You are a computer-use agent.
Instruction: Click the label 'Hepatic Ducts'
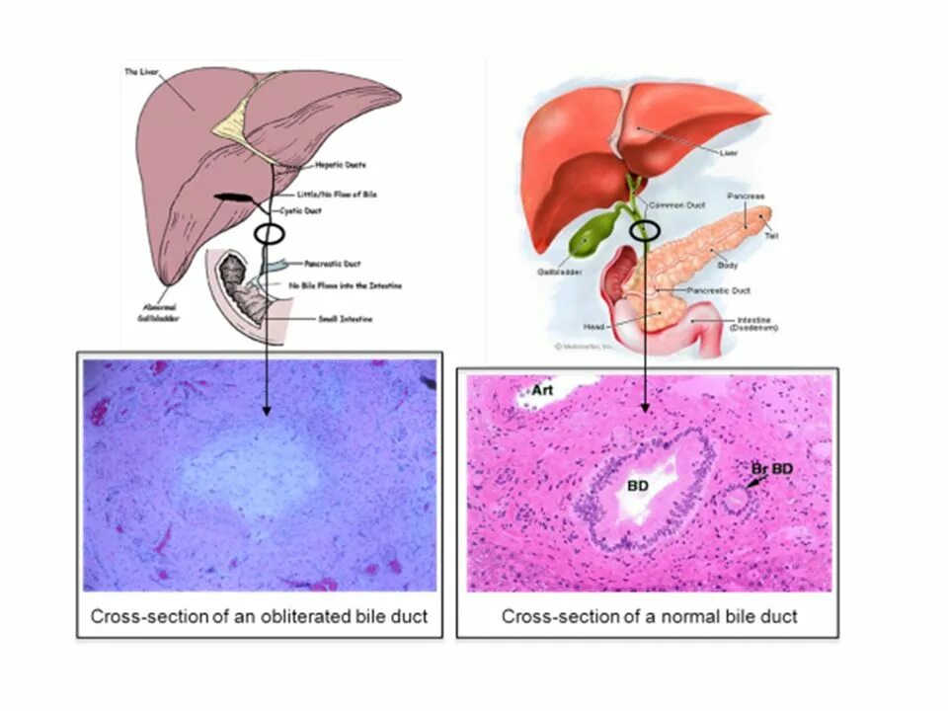(341, 165)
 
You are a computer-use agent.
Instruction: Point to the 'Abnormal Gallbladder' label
(158, 313)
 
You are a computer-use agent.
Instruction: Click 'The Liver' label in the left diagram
(142, 71)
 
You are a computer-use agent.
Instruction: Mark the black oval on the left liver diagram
(269, 234)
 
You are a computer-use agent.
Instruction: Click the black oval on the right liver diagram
(644, 230)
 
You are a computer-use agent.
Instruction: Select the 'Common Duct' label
(675, 204)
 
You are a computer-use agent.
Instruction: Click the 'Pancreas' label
(746, 197)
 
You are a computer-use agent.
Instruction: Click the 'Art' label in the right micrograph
(542, 389)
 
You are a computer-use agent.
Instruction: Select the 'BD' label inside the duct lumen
(637, 486)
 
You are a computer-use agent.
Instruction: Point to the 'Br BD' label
(771, 467)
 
